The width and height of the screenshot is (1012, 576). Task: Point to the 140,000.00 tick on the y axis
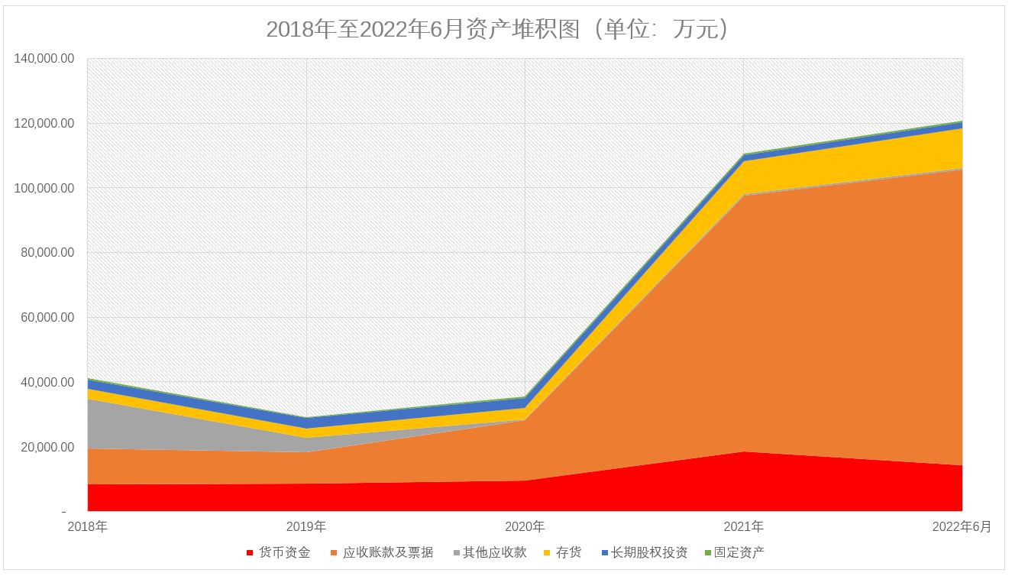(x=44, y=59)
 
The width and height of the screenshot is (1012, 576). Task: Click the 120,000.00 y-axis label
(x=44, y=124)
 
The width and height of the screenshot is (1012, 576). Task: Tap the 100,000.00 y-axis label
(x=44, y=188)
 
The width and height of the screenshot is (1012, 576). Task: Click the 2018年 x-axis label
(x=87, y=527)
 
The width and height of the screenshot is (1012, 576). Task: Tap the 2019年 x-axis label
(x=306, y=527)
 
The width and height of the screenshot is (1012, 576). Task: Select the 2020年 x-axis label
(x=525, y=527)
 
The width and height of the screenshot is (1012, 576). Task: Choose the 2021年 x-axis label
(x=743, y=527)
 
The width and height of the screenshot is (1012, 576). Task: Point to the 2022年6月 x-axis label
(x=962, y=527)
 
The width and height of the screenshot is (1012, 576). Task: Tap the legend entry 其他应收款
(x=494, y=552)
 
